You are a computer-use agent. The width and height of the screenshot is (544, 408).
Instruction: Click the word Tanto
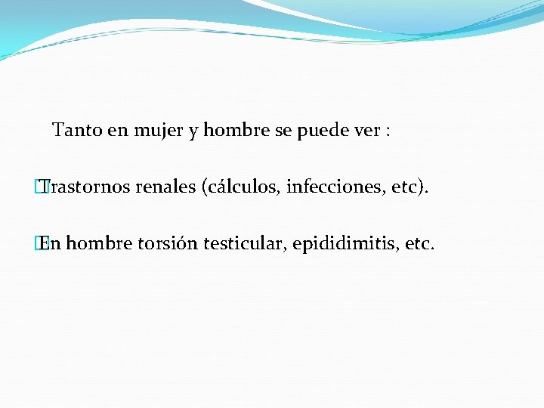click(77, 131)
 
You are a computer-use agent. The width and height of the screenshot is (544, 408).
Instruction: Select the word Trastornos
click(87, 187)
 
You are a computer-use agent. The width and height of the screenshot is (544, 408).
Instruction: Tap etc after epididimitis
click(419, 243)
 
